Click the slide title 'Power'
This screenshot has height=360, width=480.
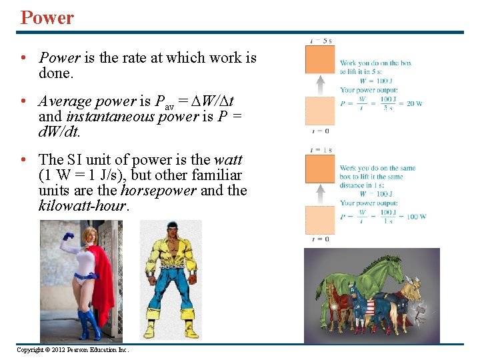47,17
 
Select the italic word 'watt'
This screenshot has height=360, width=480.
228,160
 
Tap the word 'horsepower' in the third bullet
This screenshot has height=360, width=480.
159,191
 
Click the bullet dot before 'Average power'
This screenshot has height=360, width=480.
23,101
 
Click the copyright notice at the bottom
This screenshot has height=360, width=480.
72,349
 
